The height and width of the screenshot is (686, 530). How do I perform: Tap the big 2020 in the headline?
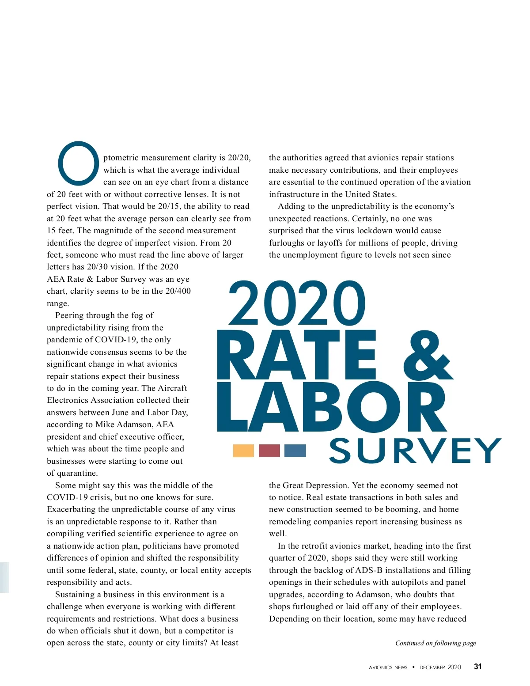click(297, 304)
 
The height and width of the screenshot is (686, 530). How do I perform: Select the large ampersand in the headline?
click(428, 356)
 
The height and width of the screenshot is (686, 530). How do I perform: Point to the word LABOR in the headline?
click(332, 407)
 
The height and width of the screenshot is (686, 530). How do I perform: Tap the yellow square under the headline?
click(243, 451)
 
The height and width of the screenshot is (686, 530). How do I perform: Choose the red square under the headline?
click(269, 451)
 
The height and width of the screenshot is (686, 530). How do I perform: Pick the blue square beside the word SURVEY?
click(295, 451)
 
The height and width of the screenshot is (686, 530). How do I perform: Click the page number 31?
click(477, 667)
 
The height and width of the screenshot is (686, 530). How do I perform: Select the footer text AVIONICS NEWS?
click(388, 667)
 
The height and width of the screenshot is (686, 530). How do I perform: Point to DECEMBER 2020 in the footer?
click(440, 667)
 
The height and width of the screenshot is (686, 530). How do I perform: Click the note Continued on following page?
click(435, 643)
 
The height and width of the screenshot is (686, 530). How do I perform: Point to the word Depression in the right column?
click(326, 485)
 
